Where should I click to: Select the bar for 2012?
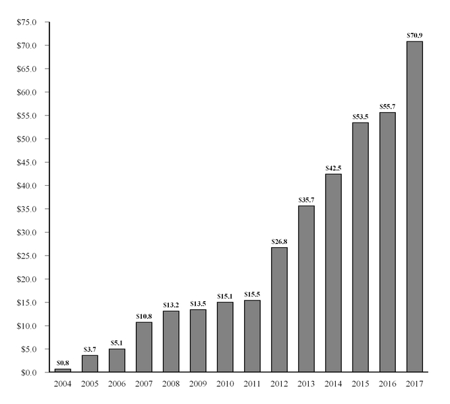279,310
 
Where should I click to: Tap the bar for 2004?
63,370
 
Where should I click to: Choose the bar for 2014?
333,273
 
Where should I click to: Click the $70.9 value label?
414,34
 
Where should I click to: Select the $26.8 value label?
279,241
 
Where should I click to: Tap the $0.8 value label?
63,362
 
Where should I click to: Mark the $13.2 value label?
171,304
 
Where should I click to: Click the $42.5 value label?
333,168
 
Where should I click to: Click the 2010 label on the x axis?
225,384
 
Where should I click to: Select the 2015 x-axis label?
360,384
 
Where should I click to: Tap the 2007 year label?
144,384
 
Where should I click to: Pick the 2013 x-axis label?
306,384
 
